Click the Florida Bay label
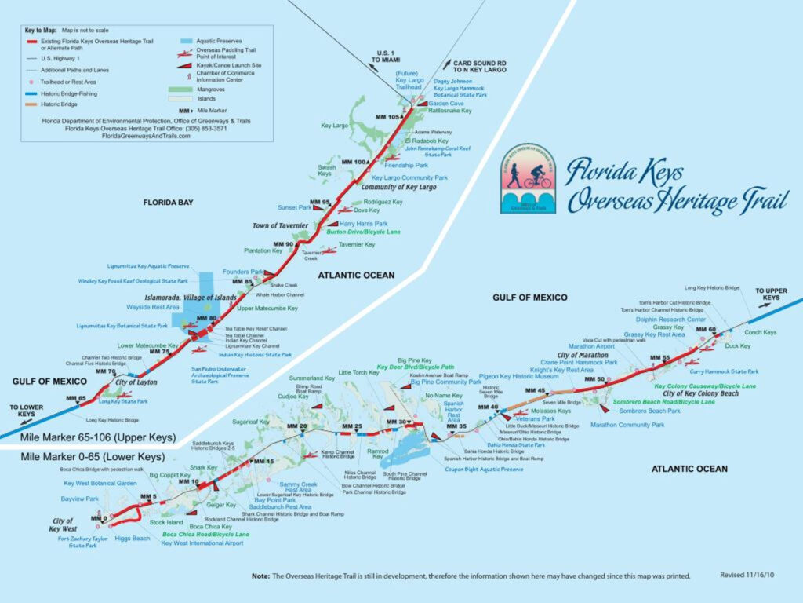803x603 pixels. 169,202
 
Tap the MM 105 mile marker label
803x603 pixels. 387,117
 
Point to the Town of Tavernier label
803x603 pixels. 280,225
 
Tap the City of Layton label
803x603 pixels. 136,382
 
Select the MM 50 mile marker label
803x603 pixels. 595,380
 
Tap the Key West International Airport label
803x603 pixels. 202,543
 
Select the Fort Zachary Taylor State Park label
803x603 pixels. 82,542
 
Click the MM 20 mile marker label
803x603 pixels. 297,426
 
